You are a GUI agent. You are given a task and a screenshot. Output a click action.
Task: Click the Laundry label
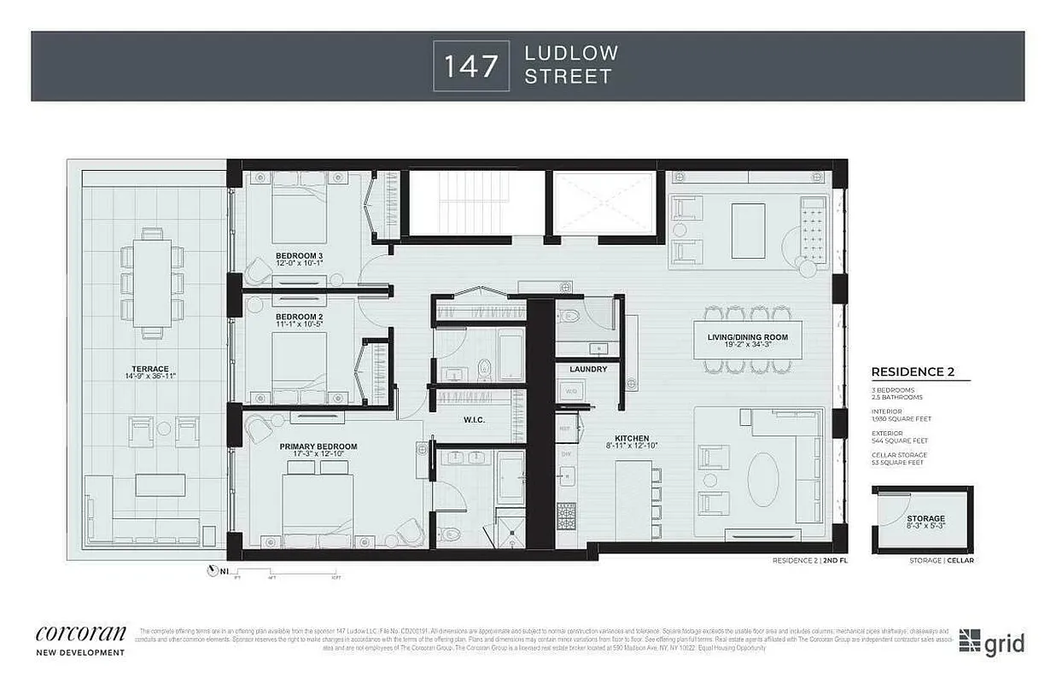[589, 369]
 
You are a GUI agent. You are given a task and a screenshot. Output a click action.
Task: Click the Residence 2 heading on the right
[912, 371]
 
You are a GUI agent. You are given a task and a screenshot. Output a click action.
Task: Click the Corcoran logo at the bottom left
[80, 634]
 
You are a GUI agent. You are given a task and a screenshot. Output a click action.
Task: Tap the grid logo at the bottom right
[991, 642]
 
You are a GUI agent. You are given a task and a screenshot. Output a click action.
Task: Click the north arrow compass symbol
[212, 571]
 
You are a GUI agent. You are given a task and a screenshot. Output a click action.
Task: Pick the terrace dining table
[152, 282]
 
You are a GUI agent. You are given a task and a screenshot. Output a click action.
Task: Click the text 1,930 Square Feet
[901, 419]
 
